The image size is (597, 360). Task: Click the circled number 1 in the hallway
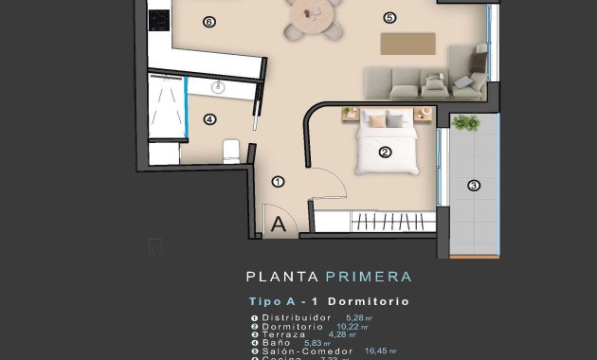click(278, 181)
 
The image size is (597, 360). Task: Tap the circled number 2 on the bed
click(385, 152)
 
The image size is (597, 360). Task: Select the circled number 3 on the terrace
click(474, 186)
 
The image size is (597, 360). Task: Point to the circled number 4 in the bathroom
click(209, 119)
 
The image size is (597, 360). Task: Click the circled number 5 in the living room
click(389, 17)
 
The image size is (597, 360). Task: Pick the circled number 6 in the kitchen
click(209, 21)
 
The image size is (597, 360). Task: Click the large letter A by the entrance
click(279, 225)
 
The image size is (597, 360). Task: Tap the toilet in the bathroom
click(230, 152)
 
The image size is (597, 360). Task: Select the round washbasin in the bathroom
click(220, 88)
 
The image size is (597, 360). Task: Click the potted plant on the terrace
click(465, 122)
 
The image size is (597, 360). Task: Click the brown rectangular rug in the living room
click(407, 44)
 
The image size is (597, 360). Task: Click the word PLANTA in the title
click(282, 277)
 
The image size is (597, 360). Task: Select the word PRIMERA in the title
click(369, 277)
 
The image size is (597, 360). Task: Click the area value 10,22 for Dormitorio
click(349, 327)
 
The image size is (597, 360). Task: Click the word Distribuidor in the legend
click(297, 318)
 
